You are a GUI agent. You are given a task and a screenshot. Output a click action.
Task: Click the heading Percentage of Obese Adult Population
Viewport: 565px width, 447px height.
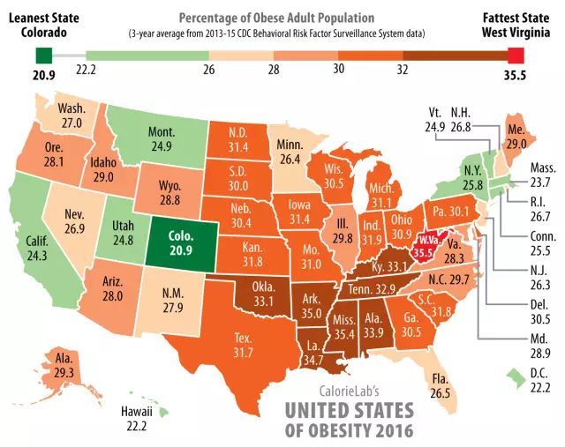pyautogui.click(x=274, y=17)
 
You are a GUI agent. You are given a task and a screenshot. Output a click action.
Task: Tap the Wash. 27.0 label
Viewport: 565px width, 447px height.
pyautogui.click(x=72, y=115)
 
